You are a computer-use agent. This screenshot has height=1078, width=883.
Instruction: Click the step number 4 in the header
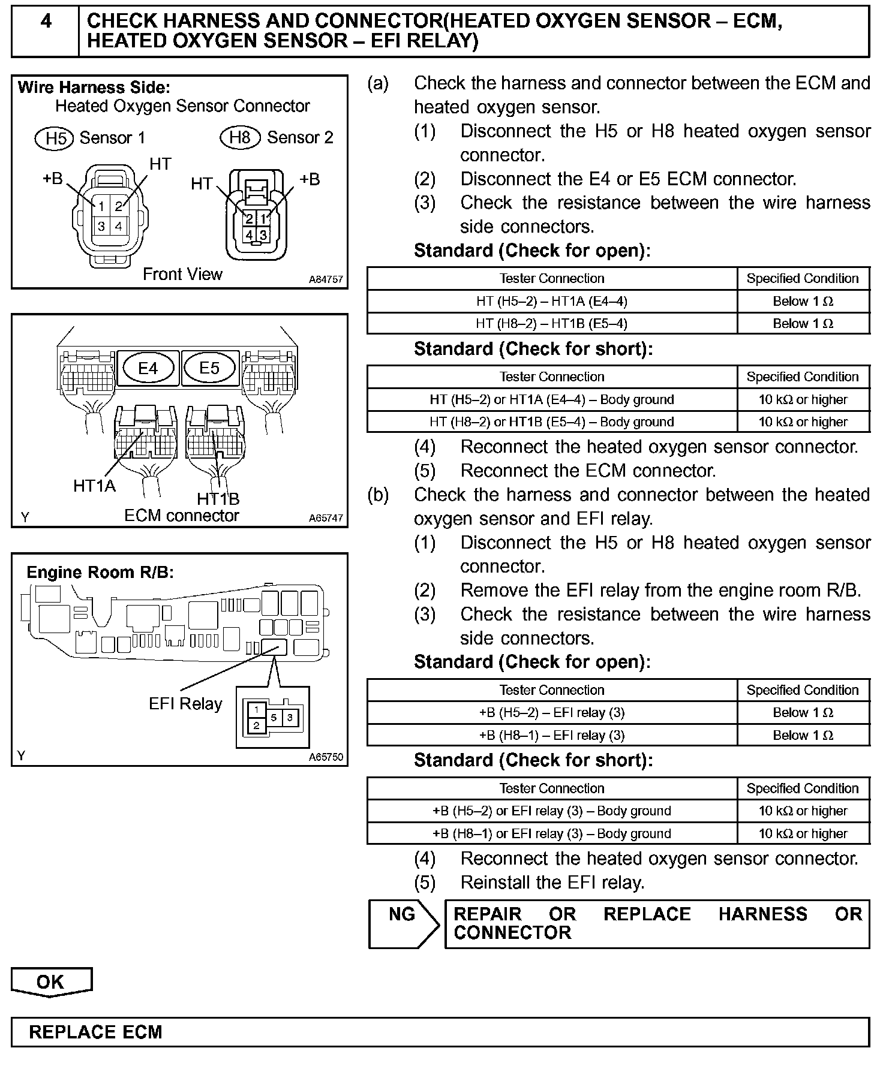(x=46, y=22)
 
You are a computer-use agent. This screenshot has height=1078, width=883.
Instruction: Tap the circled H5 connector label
(x=55, y=138)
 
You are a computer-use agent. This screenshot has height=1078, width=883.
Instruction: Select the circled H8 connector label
(x=240, y=138)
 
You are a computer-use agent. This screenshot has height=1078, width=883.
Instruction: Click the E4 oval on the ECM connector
(x=148, y=368)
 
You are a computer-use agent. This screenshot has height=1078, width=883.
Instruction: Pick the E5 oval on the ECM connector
(x=209, y=368)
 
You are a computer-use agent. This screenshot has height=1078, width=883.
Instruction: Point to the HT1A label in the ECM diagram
(x=94, y=486)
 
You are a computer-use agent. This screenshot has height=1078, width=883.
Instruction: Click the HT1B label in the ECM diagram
(x=218, y=499)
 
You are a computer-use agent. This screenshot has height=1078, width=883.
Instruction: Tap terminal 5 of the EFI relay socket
(x=274, y=717)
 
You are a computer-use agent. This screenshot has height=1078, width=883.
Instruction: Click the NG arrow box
(x=404, y=923)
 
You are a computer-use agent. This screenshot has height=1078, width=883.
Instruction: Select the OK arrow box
(x=51, y=981)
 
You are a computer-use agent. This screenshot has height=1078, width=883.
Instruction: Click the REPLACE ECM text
(x=96, y=1032)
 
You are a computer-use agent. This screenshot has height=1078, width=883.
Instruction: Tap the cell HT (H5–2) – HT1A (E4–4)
(x=551, y=301)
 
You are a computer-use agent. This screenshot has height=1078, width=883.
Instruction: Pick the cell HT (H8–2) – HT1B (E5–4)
(x=551, y=324)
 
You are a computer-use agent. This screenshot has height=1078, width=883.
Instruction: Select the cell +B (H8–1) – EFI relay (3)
(x=551, y=736)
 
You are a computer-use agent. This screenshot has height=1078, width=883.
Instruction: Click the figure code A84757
(x=326, y=279)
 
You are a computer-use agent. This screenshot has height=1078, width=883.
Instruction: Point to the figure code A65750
(x=326, y=757)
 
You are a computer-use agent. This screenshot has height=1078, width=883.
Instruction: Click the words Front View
(x=182, y=274)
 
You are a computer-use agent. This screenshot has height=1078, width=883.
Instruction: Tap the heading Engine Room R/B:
(x=100, y=573)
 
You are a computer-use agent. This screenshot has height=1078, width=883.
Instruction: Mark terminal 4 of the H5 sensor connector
(x=119, y=227)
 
